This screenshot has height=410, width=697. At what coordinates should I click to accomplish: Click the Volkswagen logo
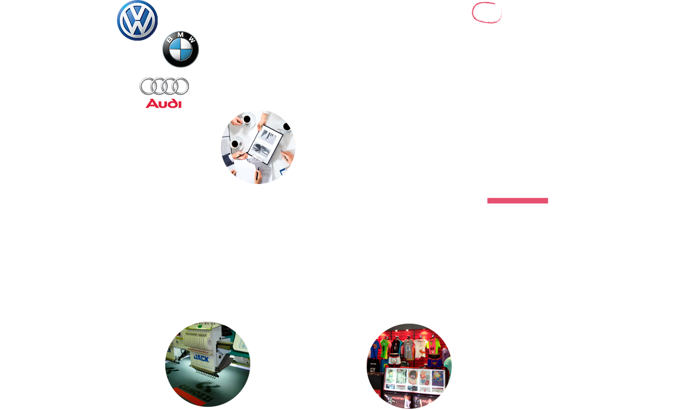[137, 20]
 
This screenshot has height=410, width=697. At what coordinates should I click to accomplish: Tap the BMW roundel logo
[180, 49]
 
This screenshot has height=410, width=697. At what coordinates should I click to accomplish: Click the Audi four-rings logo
[164, 87]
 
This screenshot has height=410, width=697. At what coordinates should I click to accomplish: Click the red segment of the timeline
[517, 200]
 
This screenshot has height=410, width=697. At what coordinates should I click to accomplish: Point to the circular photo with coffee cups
[258, 146]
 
